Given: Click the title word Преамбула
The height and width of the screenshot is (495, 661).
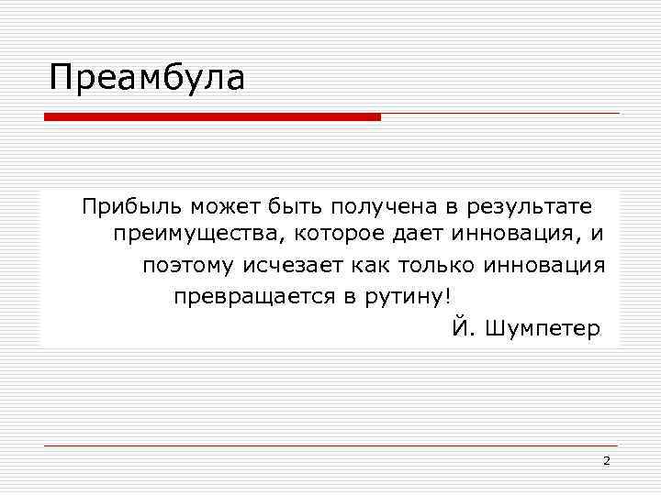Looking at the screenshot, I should [147, 78].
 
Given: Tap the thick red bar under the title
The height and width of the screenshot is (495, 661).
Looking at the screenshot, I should [212, 117].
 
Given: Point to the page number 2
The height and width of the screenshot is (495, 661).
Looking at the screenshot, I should [607, 460].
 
